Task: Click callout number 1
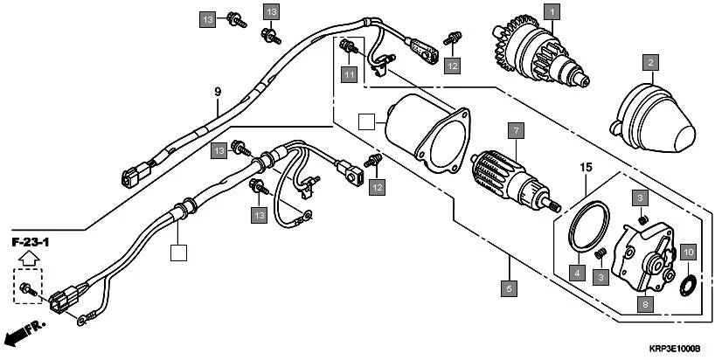tap(552, 12)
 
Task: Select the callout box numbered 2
tap(649, 63)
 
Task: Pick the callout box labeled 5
tap(508, 285)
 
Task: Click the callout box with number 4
tap(577, 273)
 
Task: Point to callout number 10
tap(689, 253)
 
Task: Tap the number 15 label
tap(585, 166)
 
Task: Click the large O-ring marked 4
tap(587, 226)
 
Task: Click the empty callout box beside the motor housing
tap(367, 121)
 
